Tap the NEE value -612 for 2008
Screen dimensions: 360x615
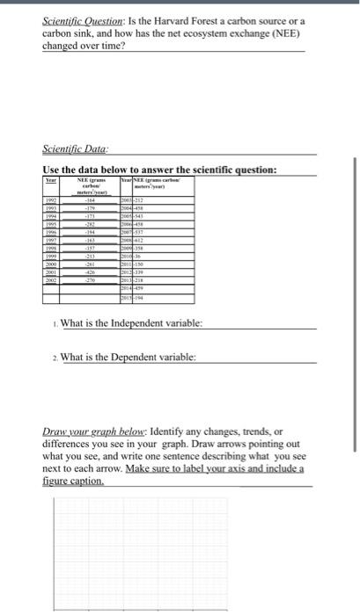coord(139,238)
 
